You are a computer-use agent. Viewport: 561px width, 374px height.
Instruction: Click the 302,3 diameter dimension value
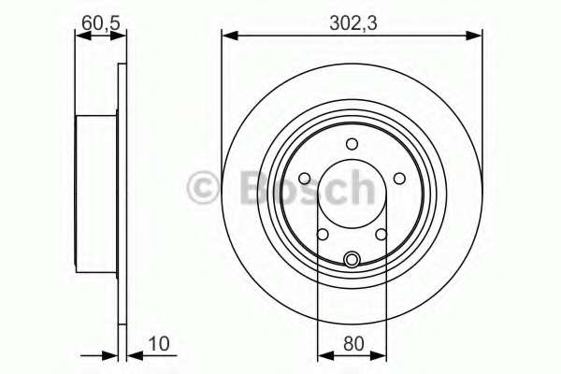(353, 17)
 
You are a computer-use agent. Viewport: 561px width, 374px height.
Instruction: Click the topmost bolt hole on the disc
(352, 143)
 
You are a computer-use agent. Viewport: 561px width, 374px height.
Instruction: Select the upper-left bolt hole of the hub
(306, 179)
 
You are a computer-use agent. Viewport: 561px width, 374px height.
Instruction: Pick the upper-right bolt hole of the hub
(399, 179)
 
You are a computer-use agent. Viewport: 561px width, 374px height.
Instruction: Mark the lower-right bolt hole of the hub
(381, 235)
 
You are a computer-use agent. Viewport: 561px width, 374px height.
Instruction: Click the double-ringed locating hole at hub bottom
(352, 260)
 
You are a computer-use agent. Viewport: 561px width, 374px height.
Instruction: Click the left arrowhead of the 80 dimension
(324, 354)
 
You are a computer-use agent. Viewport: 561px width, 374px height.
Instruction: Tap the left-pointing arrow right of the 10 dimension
(133, 354)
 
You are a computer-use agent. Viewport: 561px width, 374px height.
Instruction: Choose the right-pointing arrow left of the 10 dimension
(110, 354)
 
